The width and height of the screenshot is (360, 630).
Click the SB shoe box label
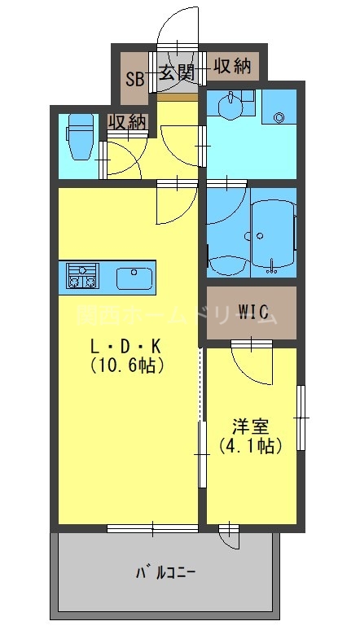[x=135, y=79]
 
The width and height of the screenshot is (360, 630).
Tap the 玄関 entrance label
[x=176, y=72]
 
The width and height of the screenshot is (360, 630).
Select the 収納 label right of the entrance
[x=231, y=67]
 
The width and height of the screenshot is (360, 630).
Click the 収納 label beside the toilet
[x=127, y=122]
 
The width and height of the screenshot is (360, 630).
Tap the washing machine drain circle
[x=279, y=117]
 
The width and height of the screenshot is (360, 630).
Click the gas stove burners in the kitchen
[x=81, y=277]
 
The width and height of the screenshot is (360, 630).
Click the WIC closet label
[x=252, y=312]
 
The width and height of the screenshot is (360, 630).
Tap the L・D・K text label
[x=126, y=345]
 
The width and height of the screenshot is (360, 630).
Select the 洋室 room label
[x=250, y=427]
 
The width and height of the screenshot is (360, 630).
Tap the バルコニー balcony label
[x=165, y=572]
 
